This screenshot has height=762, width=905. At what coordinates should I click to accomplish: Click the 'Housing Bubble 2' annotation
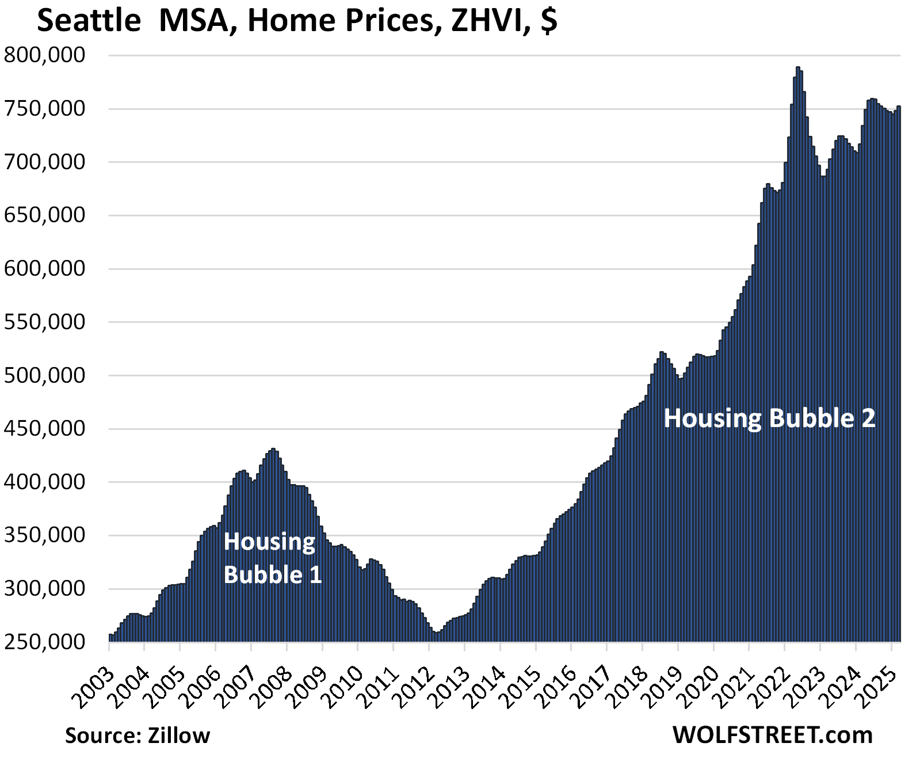pyautogui.click(x=769, y=418)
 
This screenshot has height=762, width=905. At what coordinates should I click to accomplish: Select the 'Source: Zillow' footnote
pyautogui.click(x=138, y=735)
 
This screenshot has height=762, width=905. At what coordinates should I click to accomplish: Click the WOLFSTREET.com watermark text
pyautogui.click(x=772, y=735)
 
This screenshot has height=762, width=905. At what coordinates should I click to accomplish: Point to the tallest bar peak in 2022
pyautogui.click(x=797, y=68)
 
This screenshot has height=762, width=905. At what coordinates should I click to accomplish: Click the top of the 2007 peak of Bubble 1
pyautogui.click(x=273, y=449)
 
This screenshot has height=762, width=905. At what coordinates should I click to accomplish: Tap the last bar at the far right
pyautogui.click(x=899, y=107)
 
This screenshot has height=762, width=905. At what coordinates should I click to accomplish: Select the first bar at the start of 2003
pyautogui.click(x=110, y=635)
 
